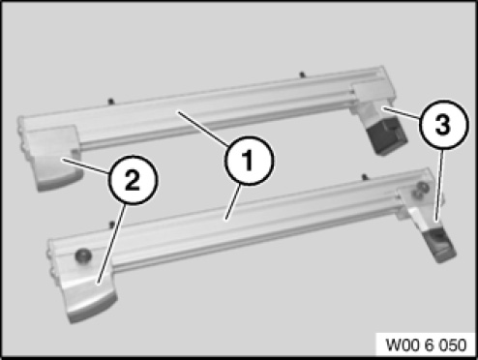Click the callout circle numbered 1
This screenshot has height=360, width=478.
click(x=249, y=161)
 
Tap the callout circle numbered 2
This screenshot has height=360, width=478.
click(x=133, y=180)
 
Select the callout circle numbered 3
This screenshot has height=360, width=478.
click(x=443, y=125)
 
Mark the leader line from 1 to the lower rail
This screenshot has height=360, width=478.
click(x=232, y=202)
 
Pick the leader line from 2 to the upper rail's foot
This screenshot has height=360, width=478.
click(x=86, y=165)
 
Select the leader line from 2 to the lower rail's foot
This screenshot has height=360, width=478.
click(x=111, y=243)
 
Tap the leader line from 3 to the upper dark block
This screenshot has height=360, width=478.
click(x=402, y=114)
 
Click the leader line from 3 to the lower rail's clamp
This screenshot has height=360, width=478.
click(x=440, y=185)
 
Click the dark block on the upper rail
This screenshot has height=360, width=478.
click(x=388, y=136)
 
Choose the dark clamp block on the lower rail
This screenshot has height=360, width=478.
click(x=440, y=244)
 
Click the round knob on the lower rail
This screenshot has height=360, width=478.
click(x=83, y=255)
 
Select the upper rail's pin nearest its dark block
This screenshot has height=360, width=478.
click(x=302, y=75)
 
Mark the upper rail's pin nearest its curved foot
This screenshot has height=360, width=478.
click(x=111, y=102)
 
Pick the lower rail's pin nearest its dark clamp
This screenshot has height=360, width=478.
click(x=365, y=177)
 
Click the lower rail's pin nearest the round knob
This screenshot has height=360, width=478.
click(x=112, y=224)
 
